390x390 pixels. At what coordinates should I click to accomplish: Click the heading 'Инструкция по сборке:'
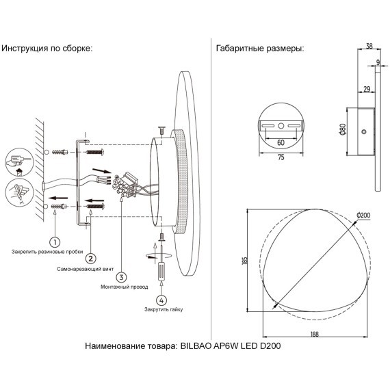tap(47, 49)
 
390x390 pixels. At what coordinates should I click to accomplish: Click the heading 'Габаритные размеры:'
tap(259, 49)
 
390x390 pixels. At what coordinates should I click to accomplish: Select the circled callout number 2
tap(90, 258)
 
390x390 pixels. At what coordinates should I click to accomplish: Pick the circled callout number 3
tap(121, 277)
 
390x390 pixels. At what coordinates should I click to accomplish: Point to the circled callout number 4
tap(161, 299)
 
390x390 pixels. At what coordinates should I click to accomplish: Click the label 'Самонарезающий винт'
tap(83, 270)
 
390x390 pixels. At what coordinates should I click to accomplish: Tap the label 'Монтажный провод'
tap(121, 287)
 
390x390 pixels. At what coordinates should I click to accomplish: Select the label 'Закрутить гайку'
tap(164, 309)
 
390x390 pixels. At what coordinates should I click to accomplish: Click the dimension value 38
tap(369, 47)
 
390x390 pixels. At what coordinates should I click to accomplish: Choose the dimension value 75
tap(281, 157)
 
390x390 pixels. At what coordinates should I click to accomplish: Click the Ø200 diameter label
tap(364, 216)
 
